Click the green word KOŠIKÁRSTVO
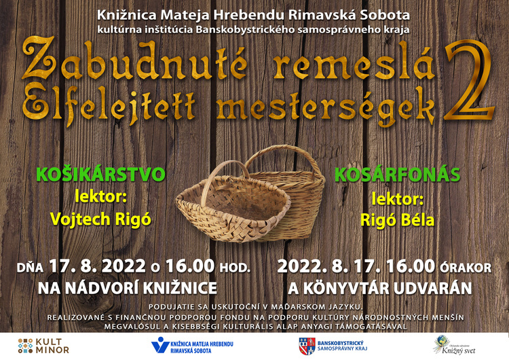(100, 175)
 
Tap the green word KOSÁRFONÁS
(397, 175)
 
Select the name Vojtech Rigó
(100, 219)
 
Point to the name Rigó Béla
(397, 220)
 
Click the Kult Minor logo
(43, 346)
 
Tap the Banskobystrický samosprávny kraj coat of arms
(307, 346)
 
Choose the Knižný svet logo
(455, 345)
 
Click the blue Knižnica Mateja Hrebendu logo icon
(160, 345)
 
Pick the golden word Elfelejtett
(109, 105)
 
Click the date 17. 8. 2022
(97, 266)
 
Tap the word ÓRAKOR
(466, 268)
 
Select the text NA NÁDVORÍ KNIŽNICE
(128, 288)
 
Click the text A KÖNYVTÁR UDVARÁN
(380, 288)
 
